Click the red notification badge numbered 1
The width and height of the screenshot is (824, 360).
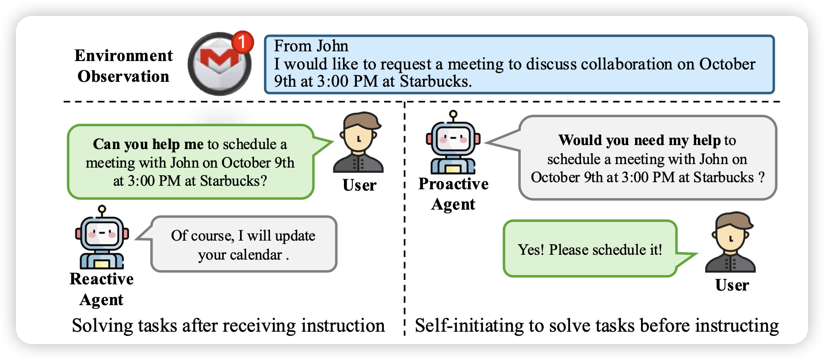point(242,42)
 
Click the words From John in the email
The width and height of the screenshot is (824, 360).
point(311,46)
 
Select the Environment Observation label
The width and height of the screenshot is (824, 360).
point(123,66)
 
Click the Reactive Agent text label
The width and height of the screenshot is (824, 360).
point(102,289)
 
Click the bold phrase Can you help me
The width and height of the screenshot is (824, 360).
point(148,144)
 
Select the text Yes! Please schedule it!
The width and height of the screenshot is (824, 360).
point(590,250)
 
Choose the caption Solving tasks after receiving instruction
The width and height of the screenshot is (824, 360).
point(228,326)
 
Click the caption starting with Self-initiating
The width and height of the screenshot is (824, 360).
point(597,326)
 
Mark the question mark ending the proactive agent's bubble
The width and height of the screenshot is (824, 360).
point(761,177)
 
